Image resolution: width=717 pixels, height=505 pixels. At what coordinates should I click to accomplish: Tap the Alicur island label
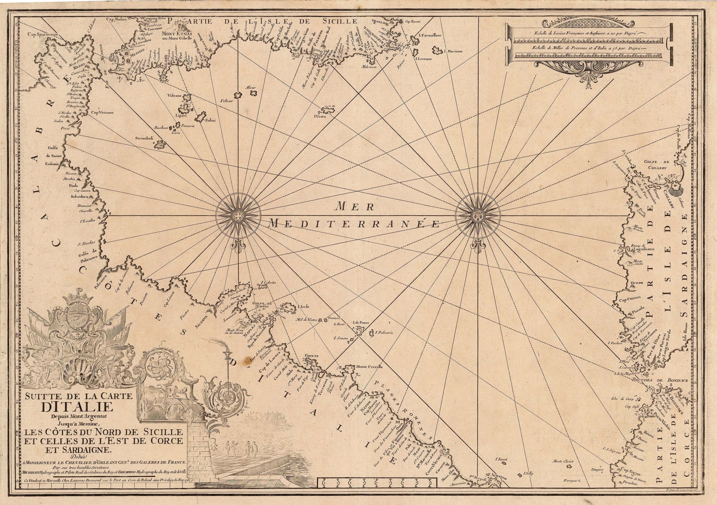tap(251, 88)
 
